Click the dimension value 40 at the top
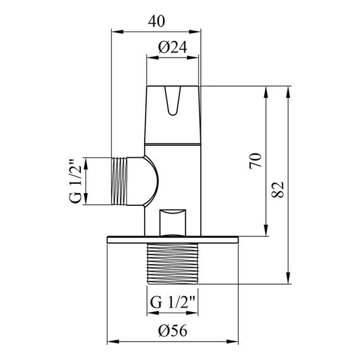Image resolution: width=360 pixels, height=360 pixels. pyautogui.click(x=157, y=20)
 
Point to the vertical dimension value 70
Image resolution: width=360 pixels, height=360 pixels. pyautogui.click(x=255, y=160)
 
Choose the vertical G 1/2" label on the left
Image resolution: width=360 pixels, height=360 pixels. pyautogui.click(x=73, y=181)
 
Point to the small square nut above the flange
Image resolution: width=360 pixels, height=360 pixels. pyautogui.click(x=174, y=222)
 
